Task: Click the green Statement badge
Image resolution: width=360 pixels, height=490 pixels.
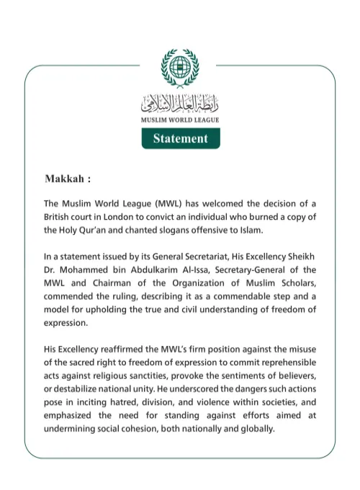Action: (180, 138)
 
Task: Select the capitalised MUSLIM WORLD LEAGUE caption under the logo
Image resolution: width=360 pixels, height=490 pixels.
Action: (180, 120)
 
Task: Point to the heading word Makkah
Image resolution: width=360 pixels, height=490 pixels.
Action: (68, 178)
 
